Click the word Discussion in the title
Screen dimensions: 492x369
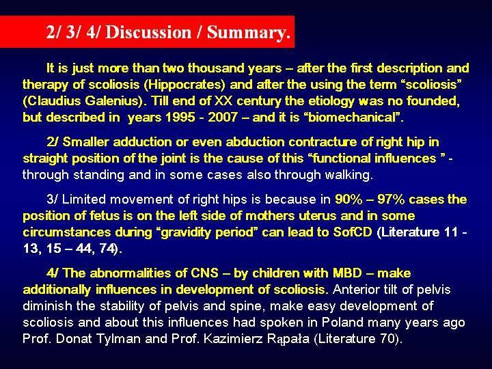[x=148, y=32]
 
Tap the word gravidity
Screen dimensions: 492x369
[x=183, y=232]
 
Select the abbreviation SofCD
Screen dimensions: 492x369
[x=353, y=232]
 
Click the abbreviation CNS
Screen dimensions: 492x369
[x=205, y=273]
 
